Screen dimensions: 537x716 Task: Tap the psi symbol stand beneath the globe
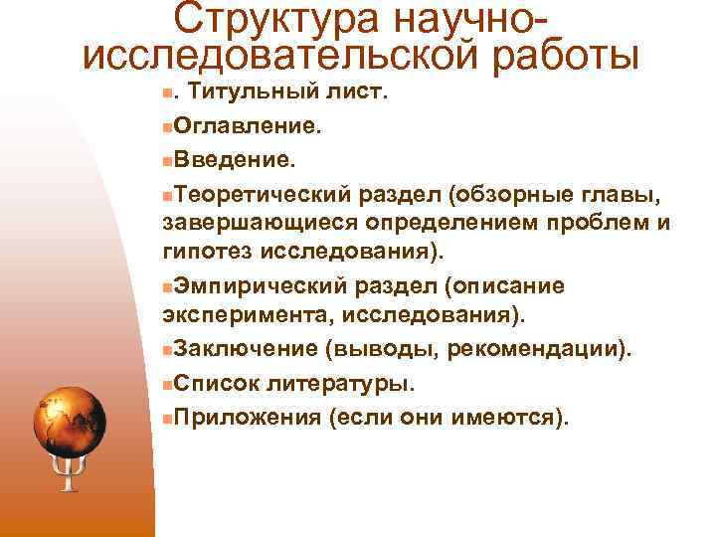(x=69, y=477)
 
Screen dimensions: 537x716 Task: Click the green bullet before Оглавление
(x=166, y=127)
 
